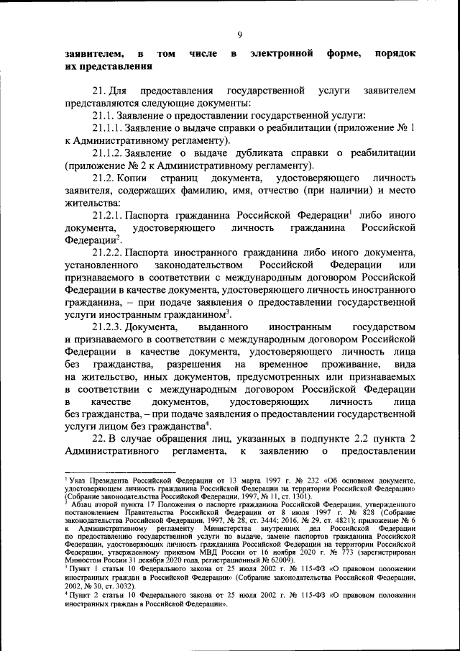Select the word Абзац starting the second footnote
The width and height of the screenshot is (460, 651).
(x=80, y=506)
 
